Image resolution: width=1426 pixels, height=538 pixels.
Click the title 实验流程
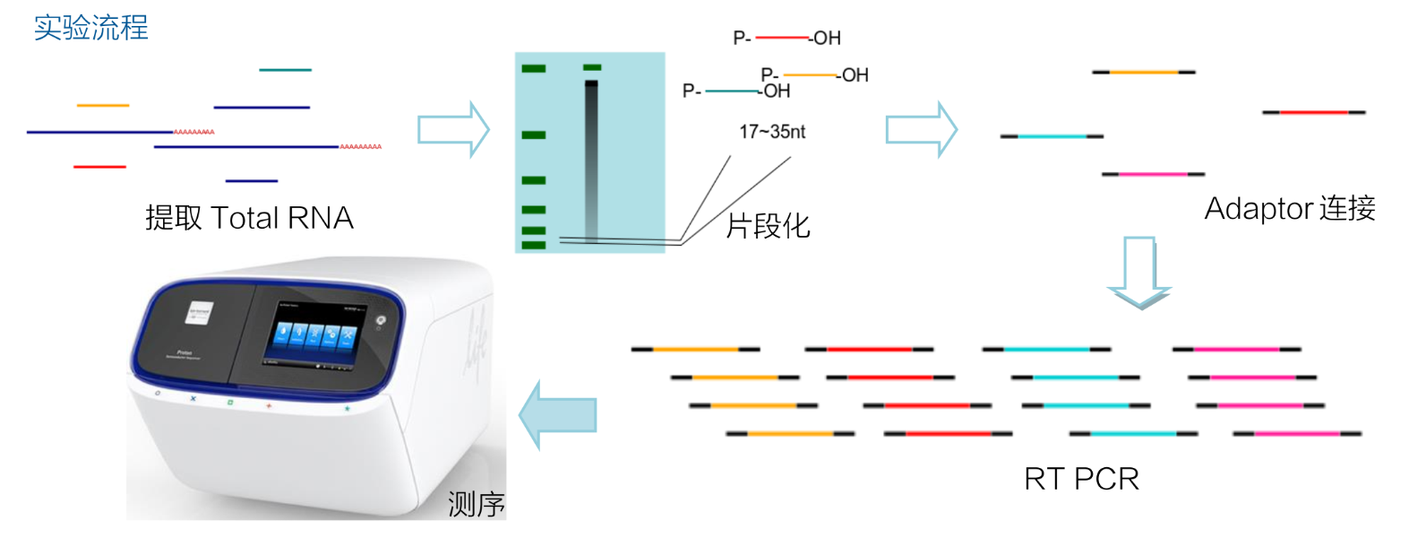(x=90, y=28)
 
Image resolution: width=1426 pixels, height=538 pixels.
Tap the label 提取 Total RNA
(x=249, y=218)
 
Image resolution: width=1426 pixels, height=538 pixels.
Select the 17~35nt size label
(x=771, y=132)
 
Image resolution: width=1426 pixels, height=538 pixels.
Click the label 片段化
(x=768, y=226)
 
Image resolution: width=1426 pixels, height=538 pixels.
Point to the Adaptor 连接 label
(x=1289, y=208)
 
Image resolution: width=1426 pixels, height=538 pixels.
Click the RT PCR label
(x=1081, y=479)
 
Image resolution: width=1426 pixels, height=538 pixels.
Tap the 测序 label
(x=476, y=504)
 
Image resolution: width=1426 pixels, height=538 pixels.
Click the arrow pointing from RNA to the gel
(x=453, y=130)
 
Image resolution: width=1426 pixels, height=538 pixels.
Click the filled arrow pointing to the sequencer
(x=557, y=414)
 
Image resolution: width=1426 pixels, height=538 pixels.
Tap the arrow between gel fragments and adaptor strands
(x=921, y=130)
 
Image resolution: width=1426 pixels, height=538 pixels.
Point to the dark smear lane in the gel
(x=591, y=161)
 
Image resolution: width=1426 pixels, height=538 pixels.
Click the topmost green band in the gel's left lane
(x=534, y=69)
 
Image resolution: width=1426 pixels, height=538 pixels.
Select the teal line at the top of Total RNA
(x=285, y=70)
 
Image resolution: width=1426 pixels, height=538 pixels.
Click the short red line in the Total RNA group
(x=99, y=167)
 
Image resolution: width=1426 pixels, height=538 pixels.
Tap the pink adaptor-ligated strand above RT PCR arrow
(x=1153, y=174)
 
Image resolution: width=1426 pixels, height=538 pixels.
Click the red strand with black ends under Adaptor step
(x=1313, y=112)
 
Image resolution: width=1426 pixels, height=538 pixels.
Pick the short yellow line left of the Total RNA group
(x=103, y=106)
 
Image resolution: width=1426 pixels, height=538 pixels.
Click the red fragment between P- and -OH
(x=781, y=38)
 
